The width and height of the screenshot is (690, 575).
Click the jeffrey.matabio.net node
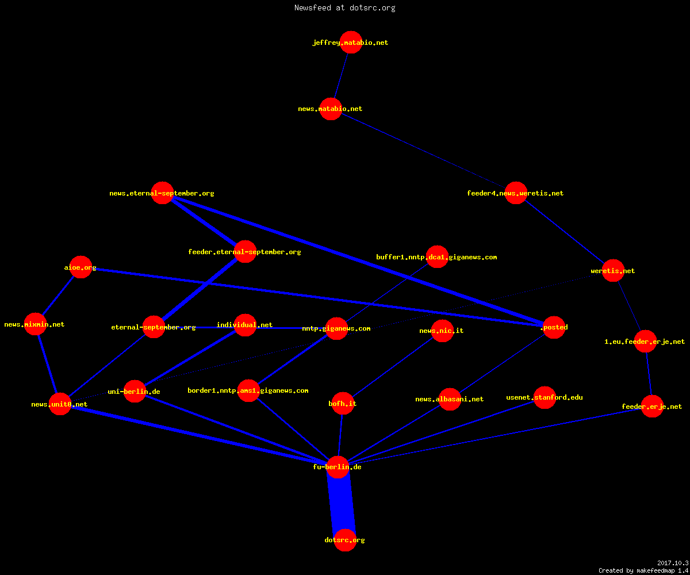pos(351,43)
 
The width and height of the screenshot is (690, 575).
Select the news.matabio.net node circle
pos(331,109)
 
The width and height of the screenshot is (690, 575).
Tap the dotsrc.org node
pos(345,540)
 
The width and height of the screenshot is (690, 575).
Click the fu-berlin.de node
pos(338,467)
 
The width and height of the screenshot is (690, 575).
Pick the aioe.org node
pos(80,267)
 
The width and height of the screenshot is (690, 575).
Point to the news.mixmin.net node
pos(35,324)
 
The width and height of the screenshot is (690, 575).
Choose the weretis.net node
pos(613,271)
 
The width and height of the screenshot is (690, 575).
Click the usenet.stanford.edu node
pos(545,397)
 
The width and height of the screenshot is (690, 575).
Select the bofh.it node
pos(343,403)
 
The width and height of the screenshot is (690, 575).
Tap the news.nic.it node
pos(442,331)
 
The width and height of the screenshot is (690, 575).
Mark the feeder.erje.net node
pos(652,406)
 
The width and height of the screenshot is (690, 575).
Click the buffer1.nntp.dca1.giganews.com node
pos(437,257)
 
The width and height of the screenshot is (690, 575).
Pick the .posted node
pos(554,328)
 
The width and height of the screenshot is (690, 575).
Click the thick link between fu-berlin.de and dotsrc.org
pos(342,504)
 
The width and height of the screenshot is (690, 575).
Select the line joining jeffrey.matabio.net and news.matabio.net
pos(341,76)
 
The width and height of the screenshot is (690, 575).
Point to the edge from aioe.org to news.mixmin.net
pos(58,296)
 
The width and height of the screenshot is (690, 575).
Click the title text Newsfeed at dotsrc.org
pos(344,7)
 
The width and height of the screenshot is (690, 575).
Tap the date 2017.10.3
pos(673,563)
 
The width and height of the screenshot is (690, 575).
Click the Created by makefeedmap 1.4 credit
pos(643,570)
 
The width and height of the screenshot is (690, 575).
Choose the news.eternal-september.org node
pos(162,193)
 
